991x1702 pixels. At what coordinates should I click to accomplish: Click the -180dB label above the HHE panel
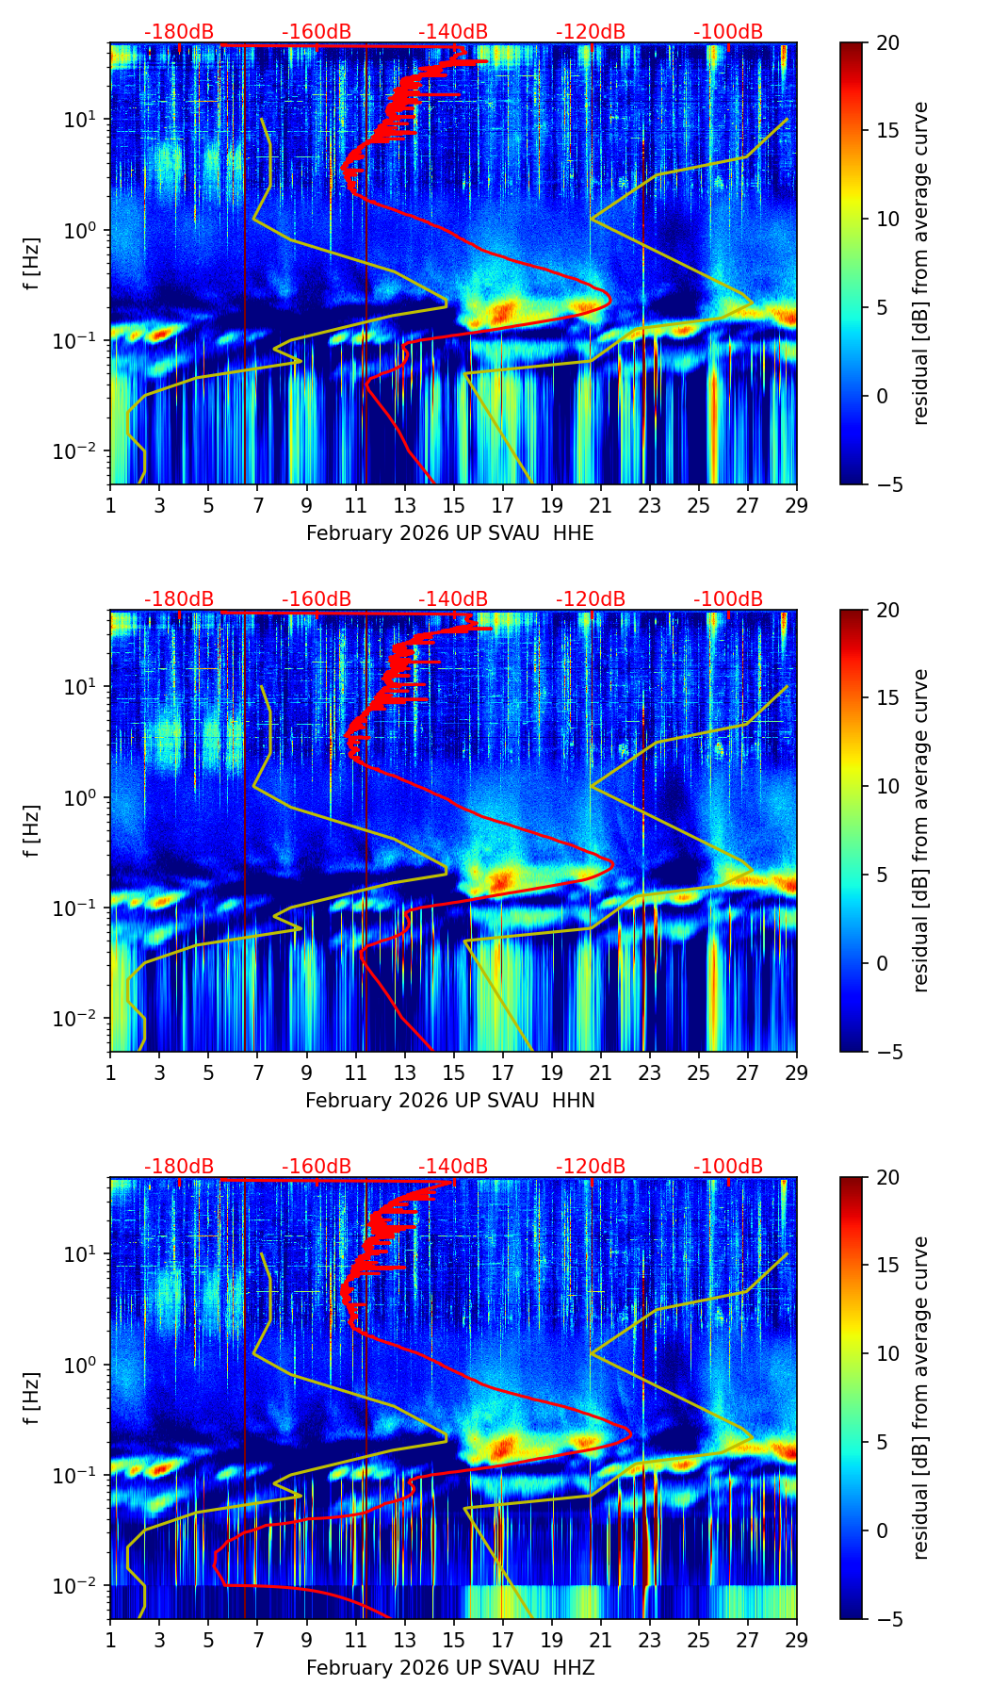click(179, 32)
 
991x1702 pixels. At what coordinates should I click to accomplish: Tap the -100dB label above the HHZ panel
click(728, 1167)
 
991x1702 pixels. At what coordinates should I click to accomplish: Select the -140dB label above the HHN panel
click(453, 599)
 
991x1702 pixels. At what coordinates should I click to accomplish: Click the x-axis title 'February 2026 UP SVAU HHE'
click(450, 533)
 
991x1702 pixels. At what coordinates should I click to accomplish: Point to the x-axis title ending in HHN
click(450, 1101)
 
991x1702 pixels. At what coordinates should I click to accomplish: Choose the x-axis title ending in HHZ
click(450, 1668)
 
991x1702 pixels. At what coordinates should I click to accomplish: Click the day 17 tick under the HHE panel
click(503, 504)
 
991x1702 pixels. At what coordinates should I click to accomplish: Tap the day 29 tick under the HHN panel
click(797, 1072)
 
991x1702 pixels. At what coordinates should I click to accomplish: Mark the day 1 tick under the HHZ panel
click(111, 1639)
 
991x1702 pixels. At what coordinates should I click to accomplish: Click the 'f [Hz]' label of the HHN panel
click(33, 830)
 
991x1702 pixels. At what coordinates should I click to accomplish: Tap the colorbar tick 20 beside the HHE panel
click(888, 43)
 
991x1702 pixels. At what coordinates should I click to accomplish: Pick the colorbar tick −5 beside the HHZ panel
click(888, 1619)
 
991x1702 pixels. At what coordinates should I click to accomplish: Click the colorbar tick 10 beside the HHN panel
click(888, 787)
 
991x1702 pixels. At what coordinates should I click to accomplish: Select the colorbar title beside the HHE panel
click(920, 263)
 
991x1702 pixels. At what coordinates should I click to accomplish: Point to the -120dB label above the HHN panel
click(591, 599)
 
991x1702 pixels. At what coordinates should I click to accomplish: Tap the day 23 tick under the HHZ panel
click(650, 1639)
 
